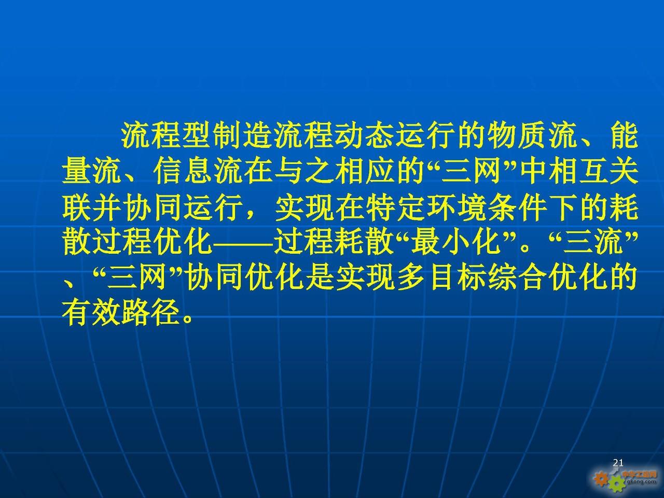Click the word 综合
518,278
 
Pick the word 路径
152,312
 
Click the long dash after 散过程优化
244,244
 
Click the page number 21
618,463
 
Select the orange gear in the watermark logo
601,479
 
